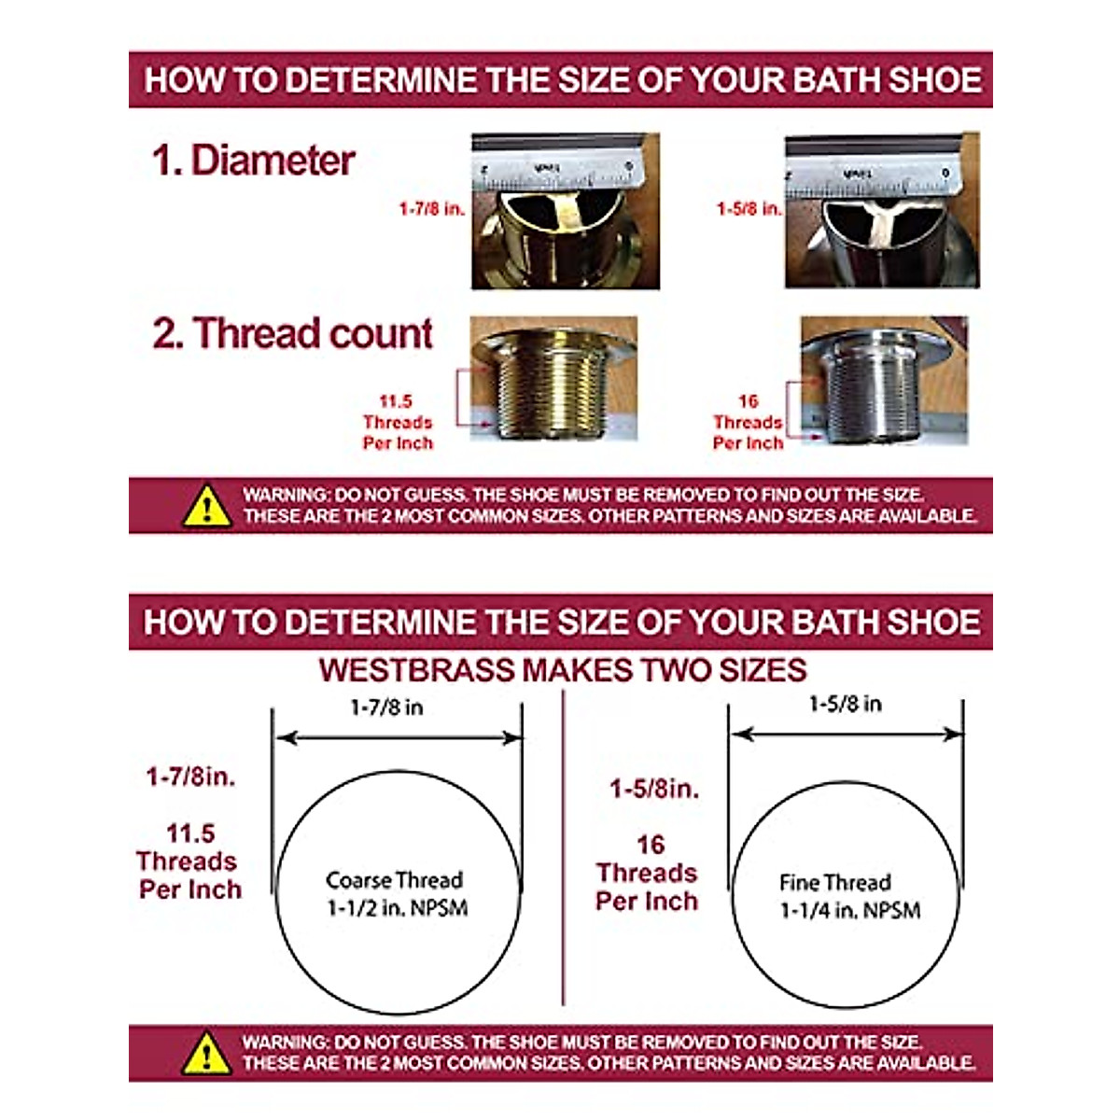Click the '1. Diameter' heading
coord(254,161)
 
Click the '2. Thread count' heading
coord(293,333)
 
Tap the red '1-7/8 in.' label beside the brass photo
coord(431,209)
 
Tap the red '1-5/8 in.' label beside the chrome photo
coord(749,209)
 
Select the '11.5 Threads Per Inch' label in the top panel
coord(398,422)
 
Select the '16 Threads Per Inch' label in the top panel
coord(748,422)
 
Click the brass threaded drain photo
coord(554,378)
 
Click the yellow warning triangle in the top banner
coord(207,506)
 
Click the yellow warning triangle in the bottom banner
coord(207,1053)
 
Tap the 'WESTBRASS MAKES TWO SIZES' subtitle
coord(562,670)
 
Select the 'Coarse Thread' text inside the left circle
coord(394,880)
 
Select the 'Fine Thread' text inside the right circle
coord(835,882)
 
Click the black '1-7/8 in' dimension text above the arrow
coord(386,707)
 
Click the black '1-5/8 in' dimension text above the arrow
coord(845,704)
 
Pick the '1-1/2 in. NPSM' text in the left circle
coord(397,908)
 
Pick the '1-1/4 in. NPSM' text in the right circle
coord(850,911)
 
